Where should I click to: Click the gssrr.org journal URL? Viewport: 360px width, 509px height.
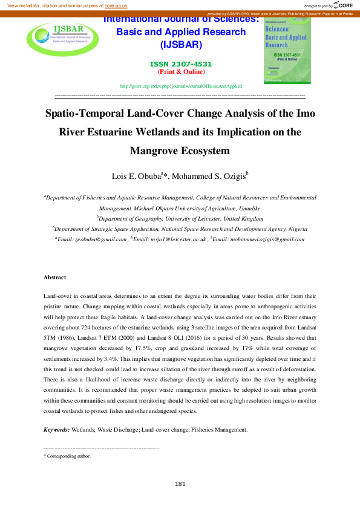(181, 86)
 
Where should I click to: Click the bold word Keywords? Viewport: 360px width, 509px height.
(56, 430)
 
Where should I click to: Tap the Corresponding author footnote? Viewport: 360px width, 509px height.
(68, 456)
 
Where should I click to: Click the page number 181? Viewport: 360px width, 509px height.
(180, 484)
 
